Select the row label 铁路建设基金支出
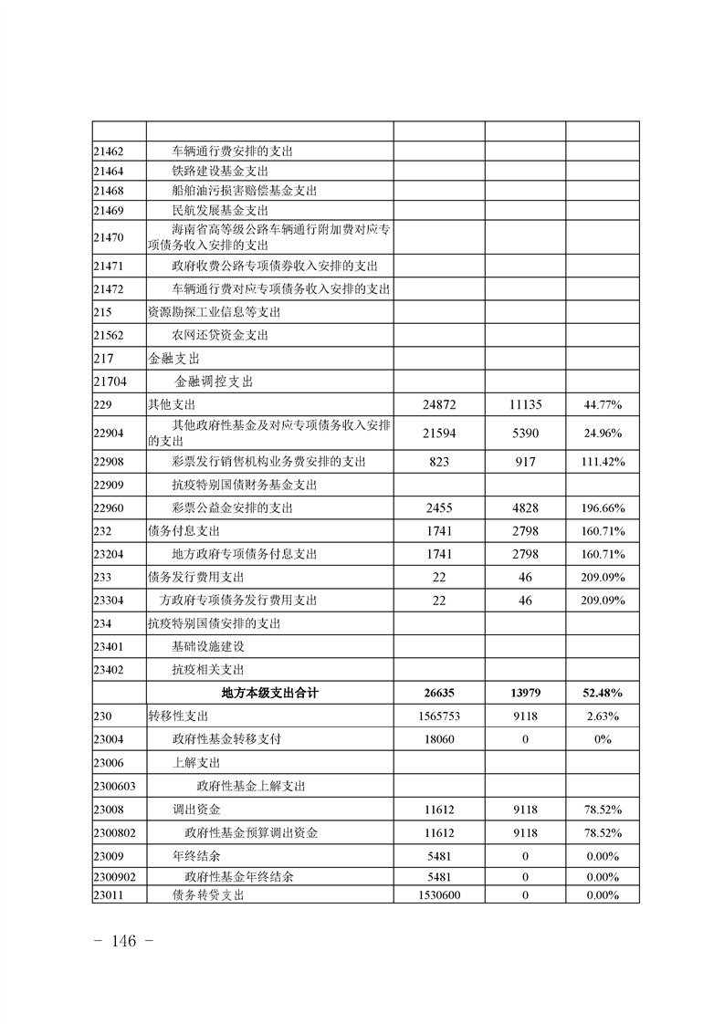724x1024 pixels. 219,171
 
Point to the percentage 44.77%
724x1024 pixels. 603,403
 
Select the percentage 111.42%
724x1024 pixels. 603,462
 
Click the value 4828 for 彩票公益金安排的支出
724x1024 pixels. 525,507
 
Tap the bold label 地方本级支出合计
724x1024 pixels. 270,693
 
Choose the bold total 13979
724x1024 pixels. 525,693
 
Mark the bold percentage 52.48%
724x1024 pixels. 603,693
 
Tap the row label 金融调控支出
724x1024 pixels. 214,381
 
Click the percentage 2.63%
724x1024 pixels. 603,716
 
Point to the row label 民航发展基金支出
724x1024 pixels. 219,210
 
